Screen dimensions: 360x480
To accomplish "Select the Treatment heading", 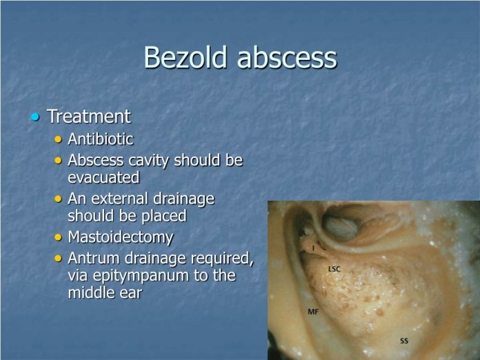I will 88,117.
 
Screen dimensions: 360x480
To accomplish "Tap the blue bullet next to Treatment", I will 35,117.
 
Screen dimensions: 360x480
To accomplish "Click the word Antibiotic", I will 100,139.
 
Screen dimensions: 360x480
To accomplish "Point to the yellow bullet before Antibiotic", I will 58,139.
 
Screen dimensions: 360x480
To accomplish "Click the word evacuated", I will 103,177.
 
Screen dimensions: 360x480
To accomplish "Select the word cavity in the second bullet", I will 147,161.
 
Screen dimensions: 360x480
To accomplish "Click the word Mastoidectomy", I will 120,237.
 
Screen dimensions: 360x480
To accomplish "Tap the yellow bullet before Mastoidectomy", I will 58,238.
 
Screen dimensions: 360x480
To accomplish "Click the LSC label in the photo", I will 334,268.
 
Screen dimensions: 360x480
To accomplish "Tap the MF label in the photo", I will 313,312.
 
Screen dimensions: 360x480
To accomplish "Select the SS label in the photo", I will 404,341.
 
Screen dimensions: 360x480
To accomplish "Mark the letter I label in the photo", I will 314,248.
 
